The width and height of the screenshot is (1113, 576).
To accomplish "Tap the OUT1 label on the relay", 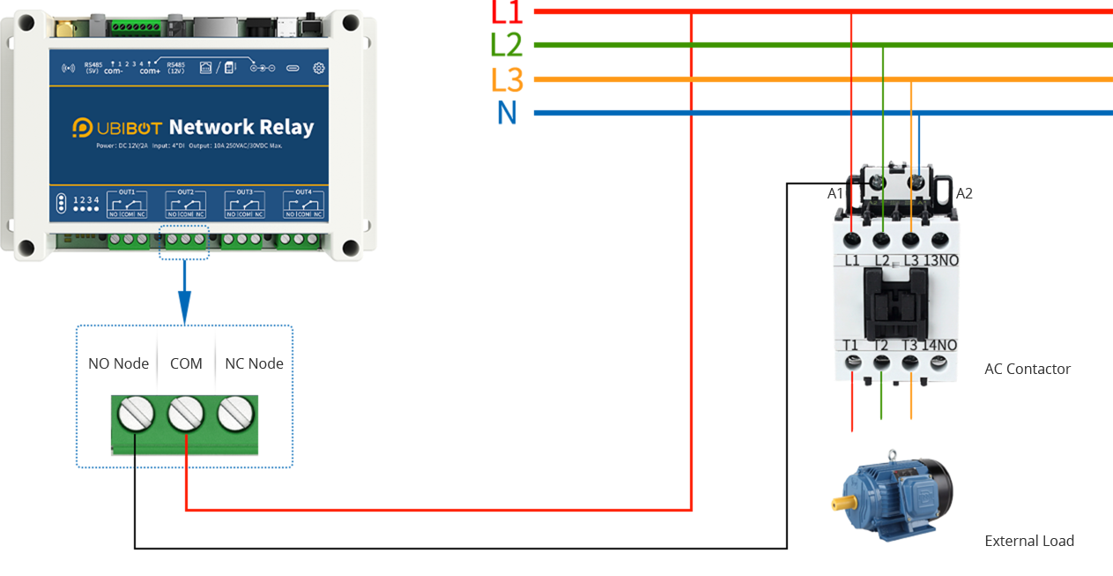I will pyautogui.click(x=127, y=191).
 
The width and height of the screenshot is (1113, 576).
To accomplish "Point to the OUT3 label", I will pyautogui.click(x=244, y=191).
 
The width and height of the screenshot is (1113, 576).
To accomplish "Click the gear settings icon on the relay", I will pyautogui.click(x=319, y=68).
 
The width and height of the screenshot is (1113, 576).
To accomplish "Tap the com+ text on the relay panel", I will pyautogui.click(x=150, y=71).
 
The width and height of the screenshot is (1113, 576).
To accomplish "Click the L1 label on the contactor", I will pyautogui.click(x=852, y=260).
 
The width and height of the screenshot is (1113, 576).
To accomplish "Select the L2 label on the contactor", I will pyautogui.click(x=882, y=260).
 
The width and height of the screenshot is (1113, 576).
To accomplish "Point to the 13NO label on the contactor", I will pyautogui.click(x=940, y=260).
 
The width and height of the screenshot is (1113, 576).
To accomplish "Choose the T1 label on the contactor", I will pyautogui.click(x=850, y=345).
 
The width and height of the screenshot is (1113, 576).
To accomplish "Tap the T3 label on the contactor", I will pyautogui.click(x=909, y=345).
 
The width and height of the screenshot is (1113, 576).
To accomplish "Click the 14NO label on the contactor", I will pyautogui.click(x=940, y=345).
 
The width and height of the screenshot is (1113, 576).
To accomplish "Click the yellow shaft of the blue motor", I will pyautogui.click(x=842, y=505).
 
